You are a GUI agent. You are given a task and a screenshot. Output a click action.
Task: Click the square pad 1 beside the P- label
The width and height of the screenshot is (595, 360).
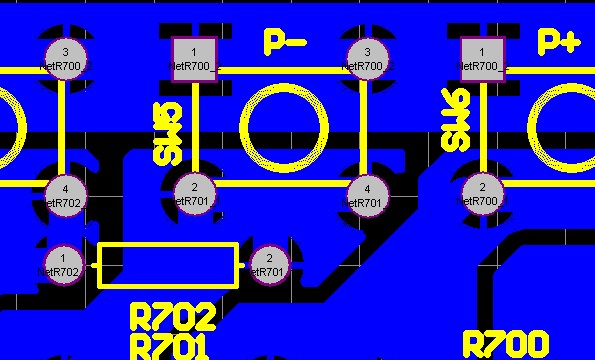[194, 59]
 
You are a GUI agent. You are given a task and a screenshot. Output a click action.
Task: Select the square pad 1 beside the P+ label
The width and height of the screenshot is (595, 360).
[483, 59]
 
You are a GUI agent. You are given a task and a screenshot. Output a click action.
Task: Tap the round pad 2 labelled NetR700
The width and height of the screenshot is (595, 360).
[482, 194]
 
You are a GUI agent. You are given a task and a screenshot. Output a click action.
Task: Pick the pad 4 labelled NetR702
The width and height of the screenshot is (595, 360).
[65, 194]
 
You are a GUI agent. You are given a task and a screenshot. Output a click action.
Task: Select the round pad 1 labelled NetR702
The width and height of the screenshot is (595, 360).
[63, 264]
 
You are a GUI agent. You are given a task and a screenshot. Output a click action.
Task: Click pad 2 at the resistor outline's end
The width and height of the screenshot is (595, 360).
[268, 264]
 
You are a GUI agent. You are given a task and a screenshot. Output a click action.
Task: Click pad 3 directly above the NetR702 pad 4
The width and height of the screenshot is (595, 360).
[65, 59]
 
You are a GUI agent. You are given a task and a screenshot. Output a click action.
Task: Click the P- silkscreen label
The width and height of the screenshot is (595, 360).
[285, 42]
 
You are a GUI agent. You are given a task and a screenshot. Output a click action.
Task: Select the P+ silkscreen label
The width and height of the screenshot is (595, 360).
[558, 42]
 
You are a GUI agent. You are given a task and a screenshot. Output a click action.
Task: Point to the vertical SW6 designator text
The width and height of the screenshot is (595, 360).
[456, 119]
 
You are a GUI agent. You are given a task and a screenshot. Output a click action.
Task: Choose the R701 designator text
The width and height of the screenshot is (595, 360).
[170, 348]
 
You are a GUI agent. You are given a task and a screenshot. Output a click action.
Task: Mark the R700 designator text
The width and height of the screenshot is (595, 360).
[506, 344]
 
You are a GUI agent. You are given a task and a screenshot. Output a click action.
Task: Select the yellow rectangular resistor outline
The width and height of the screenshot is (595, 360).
[168, 265]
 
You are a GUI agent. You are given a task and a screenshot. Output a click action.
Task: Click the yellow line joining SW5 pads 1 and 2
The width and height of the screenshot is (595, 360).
[194, 126]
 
